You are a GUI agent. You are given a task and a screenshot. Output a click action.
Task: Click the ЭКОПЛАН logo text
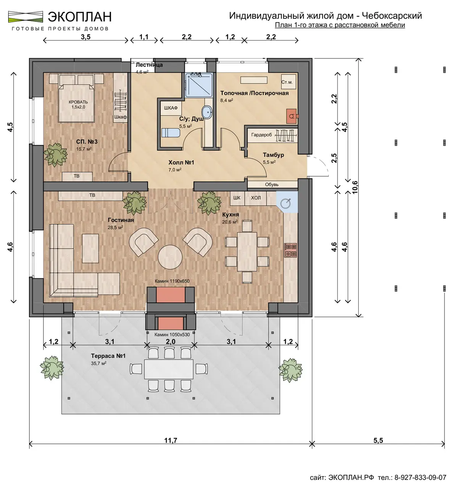[79, 17]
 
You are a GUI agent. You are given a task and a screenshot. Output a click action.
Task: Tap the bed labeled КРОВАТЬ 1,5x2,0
[76, 103]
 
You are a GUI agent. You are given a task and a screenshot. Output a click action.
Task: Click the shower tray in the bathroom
[198, 85]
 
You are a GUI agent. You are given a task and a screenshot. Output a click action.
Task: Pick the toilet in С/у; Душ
[171, 133]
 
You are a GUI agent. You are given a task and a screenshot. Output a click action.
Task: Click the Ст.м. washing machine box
[289, 82]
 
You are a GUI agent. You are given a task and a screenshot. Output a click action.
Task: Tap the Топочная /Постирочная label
[255, 93]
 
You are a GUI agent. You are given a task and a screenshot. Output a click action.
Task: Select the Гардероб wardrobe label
[261, 135]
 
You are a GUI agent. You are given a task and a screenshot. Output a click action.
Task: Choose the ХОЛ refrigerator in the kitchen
[256, 198]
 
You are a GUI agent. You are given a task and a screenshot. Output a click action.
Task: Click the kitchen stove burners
[290, 250]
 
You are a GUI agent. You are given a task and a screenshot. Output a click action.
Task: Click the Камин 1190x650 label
[172, 281]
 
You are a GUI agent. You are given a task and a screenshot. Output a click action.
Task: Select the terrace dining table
[169, 369]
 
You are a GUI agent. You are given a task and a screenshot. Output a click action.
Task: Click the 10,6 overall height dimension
[355, 187]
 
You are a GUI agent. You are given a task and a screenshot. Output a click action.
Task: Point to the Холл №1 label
[181, 162]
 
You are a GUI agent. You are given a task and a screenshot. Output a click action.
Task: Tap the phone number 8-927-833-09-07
[420, 478]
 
